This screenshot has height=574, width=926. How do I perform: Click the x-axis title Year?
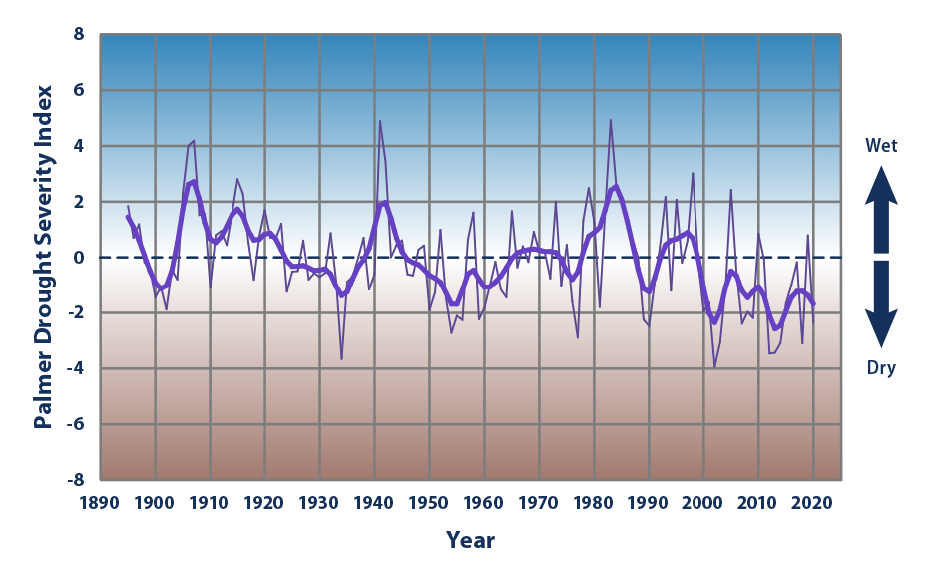[470, 541]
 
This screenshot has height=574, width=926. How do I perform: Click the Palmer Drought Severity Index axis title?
[42, 258]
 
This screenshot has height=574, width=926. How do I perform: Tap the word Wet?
[881, 146]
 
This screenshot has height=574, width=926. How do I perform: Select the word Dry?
[881, 369]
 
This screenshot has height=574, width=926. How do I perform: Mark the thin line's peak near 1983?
[610, 120]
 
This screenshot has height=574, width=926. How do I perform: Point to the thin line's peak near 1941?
[379, 121]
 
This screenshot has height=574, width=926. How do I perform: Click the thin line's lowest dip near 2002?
[714, 366]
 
